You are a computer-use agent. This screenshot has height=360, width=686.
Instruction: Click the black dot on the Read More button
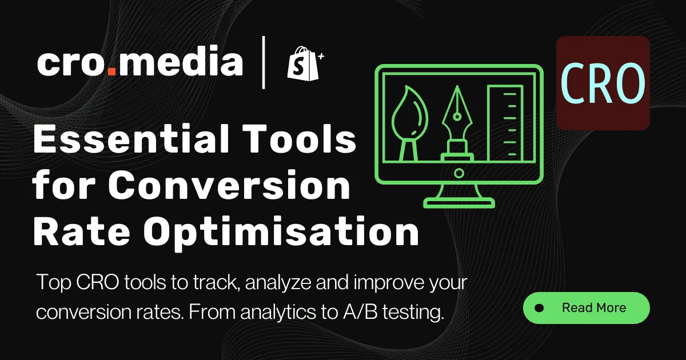(x=539, y=308)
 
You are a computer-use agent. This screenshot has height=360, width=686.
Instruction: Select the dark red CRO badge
(x=603, y=83)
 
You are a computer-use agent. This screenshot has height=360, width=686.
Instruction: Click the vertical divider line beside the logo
(x=264, y=62)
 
